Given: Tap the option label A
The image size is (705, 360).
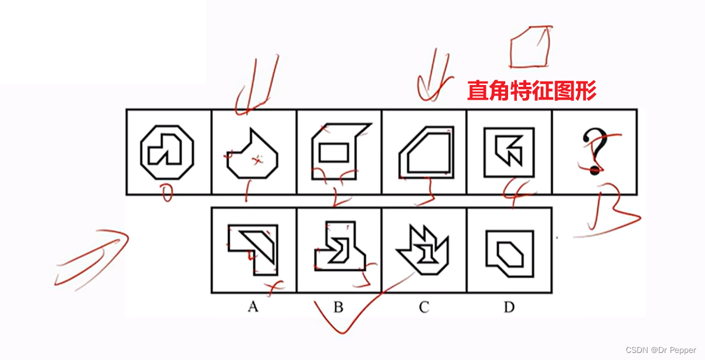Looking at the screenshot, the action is tap(253, 307).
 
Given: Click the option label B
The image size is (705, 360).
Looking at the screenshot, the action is tap(338, 307).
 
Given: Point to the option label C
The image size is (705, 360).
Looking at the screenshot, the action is tap(424, 307).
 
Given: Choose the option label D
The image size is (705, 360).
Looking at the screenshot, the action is tap(509, 307).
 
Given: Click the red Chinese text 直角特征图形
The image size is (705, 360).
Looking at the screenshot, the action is tap(531, 91).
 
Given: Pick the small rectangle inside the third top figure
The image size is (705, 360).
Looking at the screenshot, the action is tap(333, 152).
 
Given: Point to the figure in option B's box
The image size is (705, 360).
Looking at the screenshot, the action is tap(338, 249).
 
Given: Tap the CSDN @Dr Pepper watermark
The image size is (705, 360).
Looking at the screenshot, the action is tap(660, 350).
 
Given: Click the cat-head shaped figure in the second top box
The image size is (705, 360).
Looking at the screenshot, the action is tap(252, 155).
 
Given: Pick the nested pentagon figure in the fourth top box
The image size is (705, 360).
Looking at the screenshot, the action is tap(426, 151).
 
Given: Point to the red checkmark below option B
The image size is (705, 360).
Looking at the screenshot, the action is tap(346, 317).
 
